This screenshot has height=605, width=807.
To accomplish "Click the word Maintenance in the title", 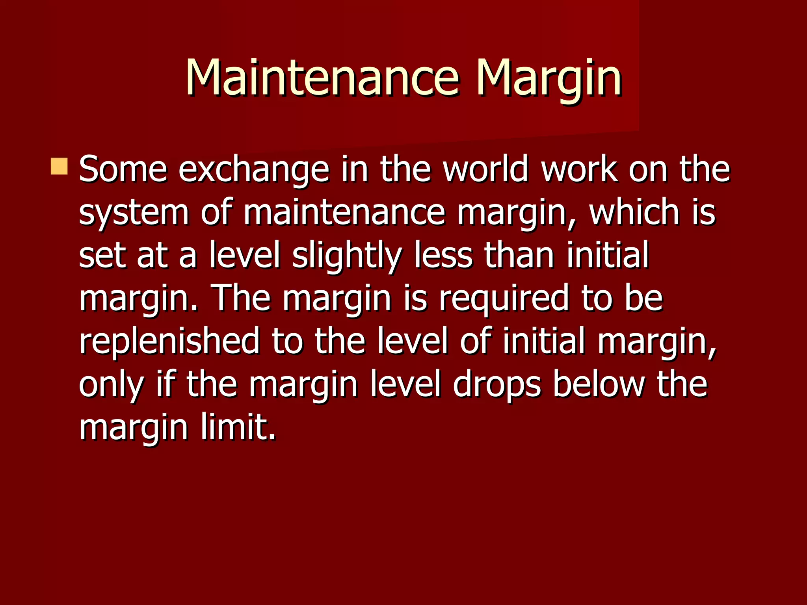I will coord(322,77).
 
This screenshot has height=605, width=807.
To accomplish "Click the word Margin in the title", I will coord(549,77).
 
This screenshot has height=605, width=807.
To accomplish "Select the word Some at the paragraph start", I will coord(123,169).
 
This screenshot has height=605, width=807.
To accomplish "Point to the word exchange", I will coord(254,169).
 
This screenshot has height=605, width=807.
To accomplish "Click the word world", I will coord(485,169).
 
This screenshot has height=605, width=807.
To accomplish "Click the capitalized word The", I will coord(241,298).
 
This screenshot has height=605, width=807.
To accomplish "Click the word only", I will coord(111,384).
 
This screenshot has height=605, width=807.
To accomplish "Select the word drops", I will coord(497,384).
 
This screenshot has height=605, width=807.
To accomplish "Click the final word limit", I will coord(238,427).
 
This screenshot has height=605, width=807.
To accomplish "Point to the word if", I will coord(165,384).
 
